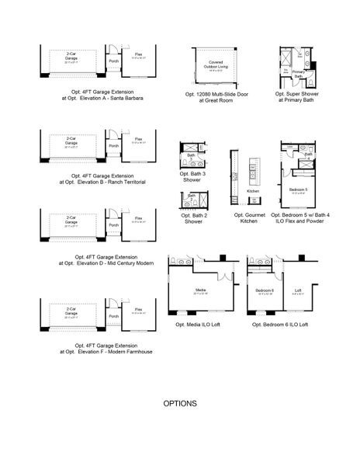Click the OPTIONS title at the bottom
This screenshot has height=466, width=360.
[180, 404]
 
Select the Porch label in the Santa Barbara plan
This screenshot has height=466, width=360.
[113, 61]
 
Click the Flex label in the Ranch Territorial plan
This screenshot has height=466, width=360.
[138, 140]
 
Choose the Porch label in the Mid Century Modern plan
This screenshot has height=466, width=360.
[113, 225]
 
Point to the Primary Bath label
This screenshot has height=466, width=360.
[297, 75]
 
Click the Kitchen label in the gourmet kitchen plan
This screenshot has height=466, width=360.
[252, 190]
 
